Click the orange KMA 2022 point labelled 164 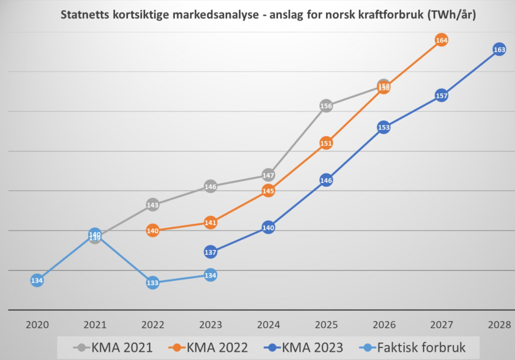pyautogui.click(x=441, y=40)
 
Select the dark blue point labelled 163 pyautogui.click(x=499, y=49)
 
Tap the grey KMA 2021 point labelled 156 pyautogui.click(x=326, y=105)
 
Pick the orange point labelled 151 pyautogui.click(x=326, y=143)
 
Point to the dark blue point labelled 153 pyautogui.click(x=383, y=127)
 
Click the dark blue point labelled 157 pyautogui.click(x=441, y=95)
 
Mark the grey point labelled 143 pyautogui.click(x=153, y=204)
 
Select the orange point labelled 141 pyautogui.click(x=210, y=222)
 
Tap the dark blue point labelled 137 pyautogui.click(x=210, y=252)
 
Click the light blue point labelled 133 pyautogui.click(x=152, y=283)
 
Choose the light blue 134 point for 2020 pyautogui.click(x=37, y=280)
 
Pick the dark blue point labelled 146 pyautogui.click(x=326, y=180)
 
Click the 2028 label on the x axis pyautogui.click(x=499, y=324)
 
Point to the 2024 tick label pyautogui.click(x=268, y=324)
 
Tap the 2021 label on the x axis pyautogui.click(x=95, y=324)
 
